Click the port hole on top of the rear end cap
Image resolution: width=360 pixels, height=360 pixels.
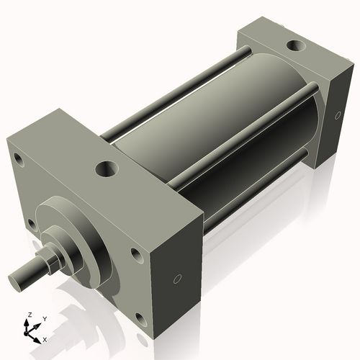click(x=295, y=47)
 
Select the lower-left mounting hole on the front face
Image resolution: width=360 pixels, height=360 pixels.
click(x=31, y=224)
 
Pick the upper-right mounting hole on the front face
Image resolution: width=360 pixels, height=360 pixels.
click(x=137, y=254)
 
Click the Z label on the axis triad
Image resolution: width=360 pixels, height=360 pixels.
click(x=29, y=315)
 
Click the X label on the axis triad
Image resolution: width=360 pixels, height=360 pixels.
click(x=45, y=338)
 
